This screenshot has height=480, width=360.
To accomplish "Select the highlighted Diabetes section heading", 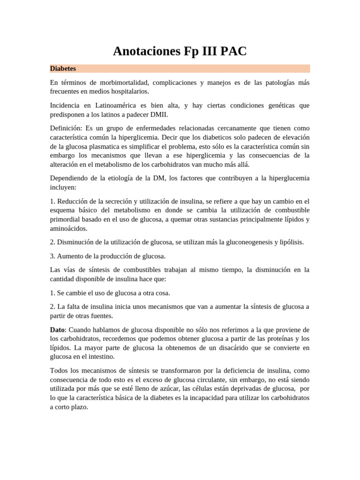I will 63,68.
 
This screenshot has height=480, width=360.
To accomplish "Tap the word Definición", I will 66,128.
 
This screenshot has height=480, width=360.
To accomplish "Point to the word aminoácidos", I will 68,228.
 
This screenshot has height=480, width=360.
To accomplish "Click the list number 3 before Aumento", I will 52,256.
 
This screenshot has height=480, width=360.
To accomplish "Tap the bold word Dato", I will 58,330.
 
